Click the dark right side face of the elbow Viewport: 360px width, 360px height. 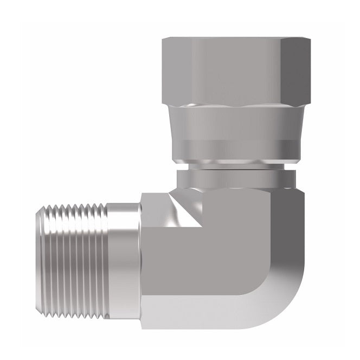pos(290,228)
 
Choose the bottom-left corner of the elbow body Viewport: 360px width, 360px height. pos(143,327)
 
